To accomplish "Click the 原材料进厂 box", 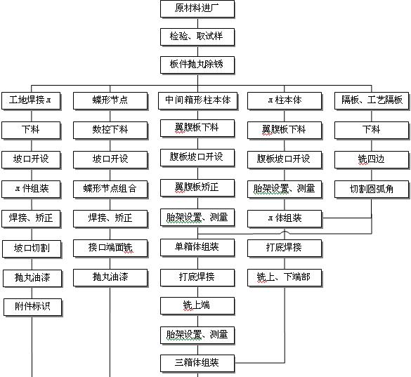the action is (197, 9).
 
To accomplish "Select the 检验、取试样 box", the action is (197, 37).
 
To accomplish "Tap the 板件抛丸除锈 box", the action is (197, 65).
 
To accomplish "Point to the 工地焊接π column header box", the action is (31, 101).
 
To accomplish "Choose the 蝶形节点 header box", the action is (110, 101).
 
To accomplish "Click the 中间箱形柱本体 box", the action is (198, 101).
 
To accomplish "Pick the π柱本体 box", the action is (285, 101).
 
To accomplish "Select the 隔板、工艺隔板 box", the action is (372, 101).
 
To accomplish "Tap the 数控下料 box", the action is (110, 130).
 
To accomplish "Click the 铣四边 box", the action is (372, 160).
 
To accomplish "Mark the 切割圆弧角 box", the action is (372, 190).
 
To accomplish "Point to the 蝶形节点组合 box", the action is (110, 190).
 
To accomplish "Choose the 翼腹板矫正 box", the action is (197, 188).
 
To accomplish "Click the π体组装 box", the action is (285, 219).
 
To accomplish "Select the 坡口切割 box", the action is (32, 249).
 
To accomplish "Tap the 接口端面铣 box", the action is (110, 249).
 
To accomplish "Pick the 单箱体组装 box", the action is (197, 248).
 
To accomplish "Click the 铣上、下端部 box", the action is (285, 278).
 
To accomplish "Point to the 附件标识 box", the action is (33, 307).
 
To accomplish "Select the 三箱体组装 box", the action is (197, 364).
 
